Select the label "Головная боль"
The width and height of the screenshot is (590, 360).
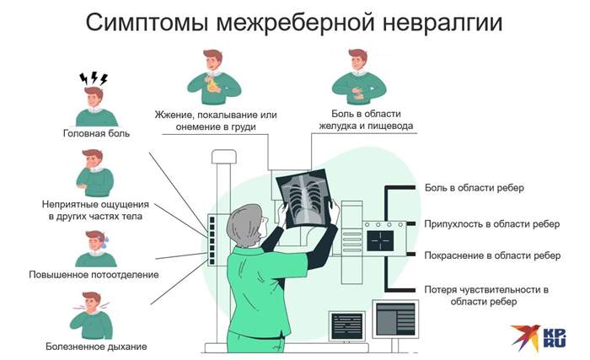pyautogui.click(x=96, y=133)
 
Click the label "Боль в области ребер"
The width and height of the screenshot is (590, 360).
pyautogui.click(x=475, y=187)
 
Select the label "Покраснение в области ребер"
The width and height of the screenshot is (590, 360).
pyautogui.click(x=492, y=255)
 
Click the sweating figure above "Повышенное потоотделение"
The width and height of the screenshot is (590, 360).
pyautogui.click(x=96, y=245)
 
